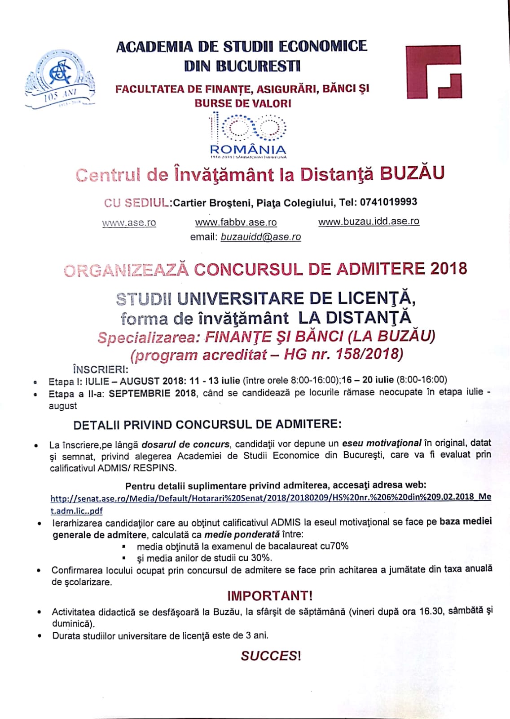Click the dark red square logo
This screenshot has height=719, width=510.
[x=433, y=71]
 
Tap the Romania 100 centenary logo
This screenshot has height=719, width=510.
[x=248, y=135]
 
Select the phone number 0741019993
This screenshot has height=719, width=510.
[x=388, y=202]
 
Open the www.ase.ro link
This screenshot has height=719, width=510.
[x=129, y=222]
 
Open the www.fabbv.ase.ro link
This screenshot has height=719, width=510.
[x=236, y=222]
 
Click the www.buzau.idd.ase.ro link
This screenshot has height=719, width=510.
[x=369, y=221]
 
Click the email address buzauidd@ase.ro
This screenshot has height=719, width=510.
[x=260, y=237]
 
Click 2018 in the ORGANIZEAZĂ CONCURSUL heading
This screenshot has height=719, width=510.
[x=448, y=268]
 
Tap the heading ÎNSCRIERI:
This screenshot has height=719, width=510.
[x=100, y=369]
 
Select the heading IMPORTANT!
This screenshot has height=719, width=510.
[x=269, y=596]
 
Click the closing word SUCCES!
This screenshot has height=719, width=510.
[x=270, y=656]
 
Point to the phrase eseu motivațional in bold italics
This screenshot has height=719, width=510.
[x=381, y=443]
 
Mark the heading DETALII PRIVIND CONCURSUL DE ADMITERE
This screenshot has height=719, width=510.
[x=207, y=424]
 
